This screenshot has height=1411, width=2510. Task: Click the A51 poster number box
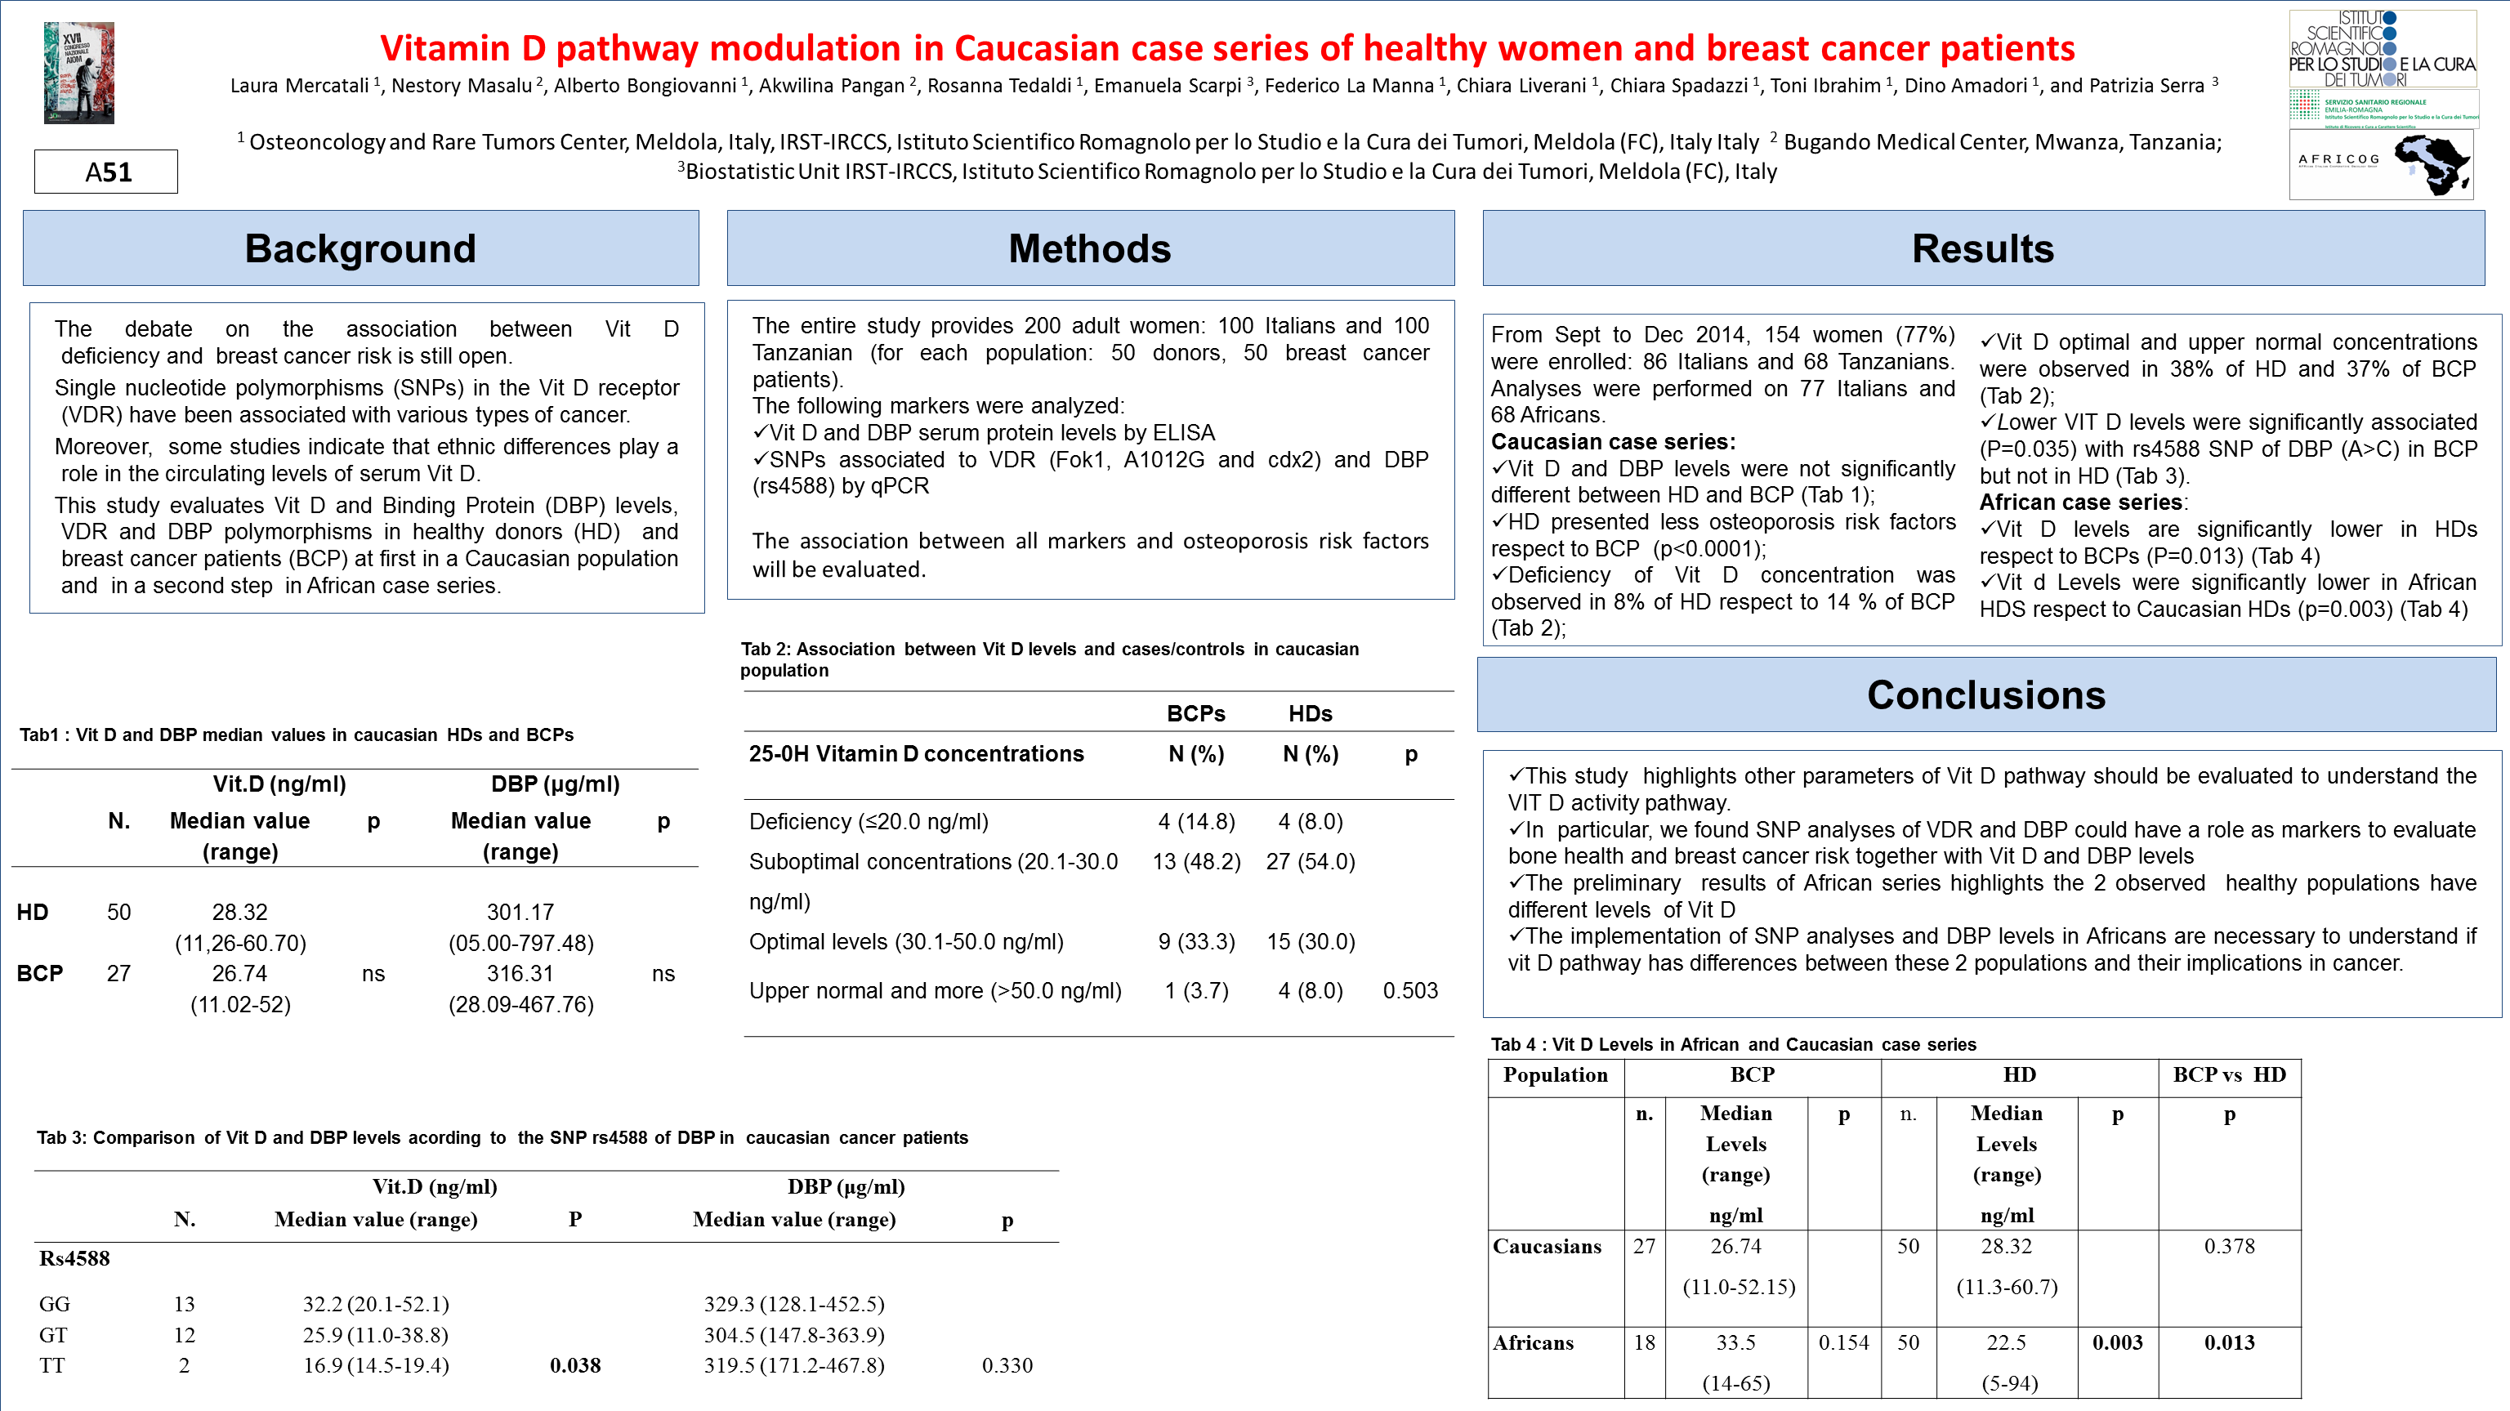click(x=106, y=172)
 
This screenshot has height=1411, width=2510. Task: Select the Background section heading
click(x=360, y=248)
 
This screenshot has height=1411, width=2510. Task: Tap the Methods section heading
click(x=1089, y=248)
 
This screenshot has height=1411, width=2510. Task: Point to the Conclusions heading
click(x=1985, y=694)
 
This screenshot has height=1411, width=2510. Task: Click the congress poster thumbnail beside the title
click(x=79, y=73)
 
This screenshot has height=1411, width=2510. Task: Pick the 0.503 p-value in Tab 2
click(x=1410, y=991)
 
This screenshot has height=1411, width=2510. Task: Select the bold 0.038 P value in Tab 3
click(x=575, y=1365)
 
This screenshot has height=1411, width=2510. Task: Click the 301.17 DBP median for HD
click(x=520, y=912)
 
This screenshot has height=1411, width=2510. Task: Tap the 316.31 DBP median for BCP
click(x=520, y=973)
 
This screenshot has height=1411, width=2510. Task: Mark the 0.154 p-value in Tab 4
click(x=1843, y=1343)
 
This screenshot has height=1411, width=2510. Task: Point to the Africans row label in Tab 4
click(x=1534, y=1343)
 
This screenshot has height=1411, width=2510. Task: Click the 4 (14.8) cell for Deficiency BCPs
click(x=1196, y=821)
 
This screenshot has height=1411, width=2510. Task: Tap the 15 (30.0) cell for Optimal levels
click(x=1311, y=941)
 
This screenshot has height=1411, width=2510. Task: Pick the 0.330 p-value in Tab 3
click(x=1007, y=1365)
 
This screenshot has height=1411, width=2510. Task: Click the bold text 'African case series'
click(x=2080, y=502)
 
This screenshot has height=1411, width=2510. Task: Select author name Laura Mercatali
click(x=299, y=86)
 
